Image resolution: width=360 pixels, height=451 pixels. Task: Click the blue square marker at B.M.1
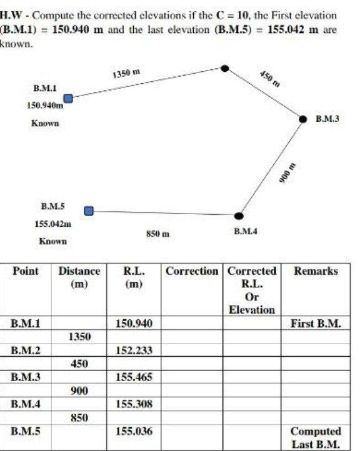pos(68,98)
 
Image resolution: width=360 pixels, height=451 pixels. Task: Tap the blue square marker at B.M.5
pos(89,211)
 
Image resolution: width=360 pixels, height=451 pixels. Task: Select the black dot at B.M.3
pos(303,119)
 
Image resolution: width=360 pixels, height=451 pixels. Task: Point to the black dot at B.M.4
pos(238,216)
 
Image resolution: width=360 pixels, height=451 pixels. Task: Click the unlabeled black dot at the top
pos(225,67)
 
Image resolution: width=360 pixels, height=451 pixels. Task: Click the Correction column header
pos(192,272)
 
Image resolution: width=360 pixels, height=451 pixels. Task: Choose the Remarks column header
pos(316,272)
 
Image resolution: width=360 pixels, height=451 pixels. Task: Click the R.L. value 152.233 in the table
pos(134,350)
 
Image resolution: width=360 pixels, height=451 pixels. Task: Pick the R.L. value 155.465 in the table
pos(134,377)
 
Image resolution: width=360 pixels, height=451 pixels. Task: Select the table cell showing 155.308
pos(134,404)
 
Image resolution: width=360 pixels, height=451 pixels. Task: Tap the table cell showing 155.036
pos(134,432)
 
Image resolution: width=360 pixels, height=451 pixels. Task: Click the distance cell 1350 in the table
pos(79,337)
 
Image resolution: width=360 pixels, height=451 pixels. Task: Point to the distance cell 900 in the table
pos(79,391)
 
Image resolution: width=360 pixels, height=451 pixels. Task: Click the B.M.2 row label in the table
pos(26,350)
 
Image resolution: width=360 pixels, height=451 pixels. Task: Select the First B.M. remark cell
pos(316,324)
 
